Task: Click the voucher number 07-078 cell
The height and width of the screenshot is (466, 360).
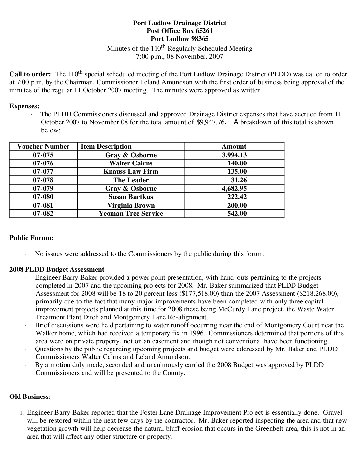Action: [x=43, y=180]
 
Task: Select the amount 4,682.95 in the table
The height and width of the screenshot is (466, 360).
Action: [x=234, y=188]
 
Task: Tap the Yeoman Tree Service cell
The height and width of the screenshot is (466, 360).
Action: [x=131, y=213]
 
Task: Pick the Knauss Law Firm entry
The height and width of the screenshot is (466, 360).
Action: [x=131, y=171]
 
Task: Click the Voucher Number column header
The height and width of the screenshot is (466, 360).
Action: [x=43, y=146]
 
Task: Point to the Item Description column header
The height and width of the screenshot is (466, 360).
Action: [x=106, y=146]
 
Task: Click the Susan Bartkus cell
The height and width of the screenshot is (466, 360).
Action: [x=131, y=197]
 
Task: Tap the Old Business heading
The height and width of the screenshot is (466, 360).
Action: [x=30, y=396]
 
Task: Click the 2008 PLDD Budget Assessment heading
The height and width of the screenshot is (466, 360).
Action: [x=57, y=269]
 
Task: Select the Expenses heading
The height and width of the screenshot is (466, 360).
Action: [x=24, y=106]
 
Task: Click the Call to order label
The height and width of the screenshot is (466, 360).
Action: [x=30, y=74]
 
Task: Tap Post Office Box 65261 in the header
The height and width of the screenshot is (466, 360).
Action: [x=180, y=31]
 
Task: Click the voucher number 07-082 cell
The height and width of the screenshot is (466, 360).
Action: [x=43, y=213]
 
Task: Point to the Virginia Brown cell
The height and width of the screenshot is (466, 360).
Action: [x=131, y=205]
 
